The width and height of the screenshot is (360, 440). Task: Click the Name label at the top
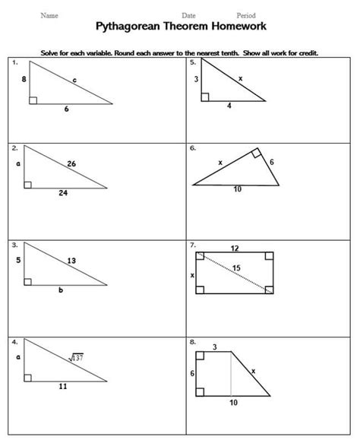pyautogui.click(x=49, y=15)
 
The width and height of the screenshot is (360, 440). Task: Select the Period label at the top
pyautogui.click(x=246, y=15)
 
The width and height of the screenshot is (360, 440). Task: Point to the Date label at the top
pyautogui.click(x=189, y=15)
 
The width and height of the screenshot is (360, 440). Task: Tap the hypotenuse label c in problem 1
pyautogui.click(x=74, y=79)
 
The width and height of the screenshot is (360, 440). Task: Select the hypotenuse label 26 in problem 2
pyautogui.click(x=71, y=163)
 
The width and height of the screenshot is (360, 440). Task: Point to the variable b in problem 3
pyautogui.click(x=60, y=290)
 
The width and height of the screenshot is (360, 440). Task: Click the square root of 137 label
pyautogui.click(x=76, y=357)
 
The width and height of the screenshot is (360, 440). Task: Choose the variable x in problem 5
pyautogui.click(x=241, y=78)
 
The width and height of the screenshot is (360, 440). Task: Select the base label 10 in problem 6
pyautogui.click(x=238, y=189)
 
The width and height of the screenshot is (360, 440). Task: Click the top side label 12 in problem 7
pyautogui.click(x=235, y=248)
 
